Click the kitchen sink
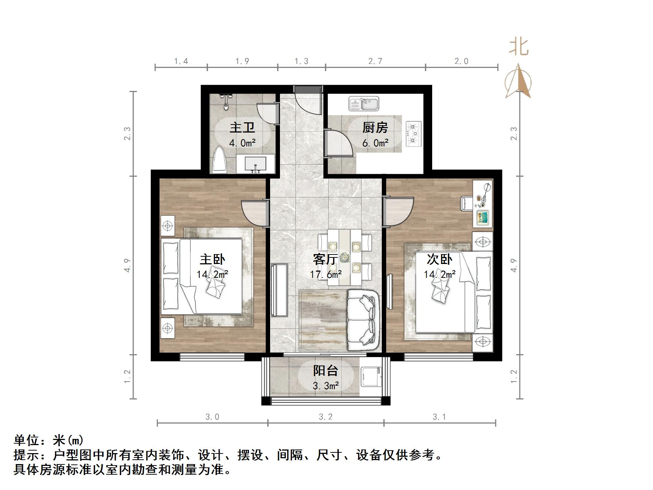tap(364, 103)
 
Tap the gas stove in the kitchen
tap(414, 134)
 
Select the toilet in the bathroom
tap(220, 160)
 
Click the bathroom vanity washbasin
tap(255, 164)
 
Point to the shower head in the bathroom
tap(226, 101)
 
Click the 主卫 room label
tap(242, 128)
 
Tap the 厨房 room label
tap(375, 128)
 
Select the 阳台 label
tap(326, 371)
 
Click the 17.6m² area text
tap(326, 274)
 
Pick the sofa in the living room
tap(362, 319)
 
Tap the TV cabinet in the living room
tap(279, 290)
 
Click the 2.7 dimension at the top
tap(375, 61)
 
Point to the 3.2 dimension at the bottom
tap(326, 417)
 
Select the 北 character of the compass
tap(519, 47)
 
